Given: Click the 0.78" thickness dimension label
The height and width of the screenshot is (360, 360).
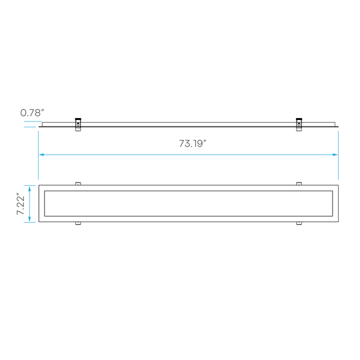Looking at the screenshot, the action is (x=32, y=113).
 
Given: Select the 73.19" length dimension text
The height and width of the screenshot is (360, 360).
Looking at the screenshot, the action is (x=193, y=143).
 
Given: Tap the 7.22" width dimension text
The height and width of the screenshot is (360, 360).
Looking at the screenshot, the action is (x=21, y=205).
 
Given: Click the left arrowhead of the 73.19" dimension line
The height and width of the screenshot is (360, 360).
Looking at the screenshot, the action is (x=41, y=155).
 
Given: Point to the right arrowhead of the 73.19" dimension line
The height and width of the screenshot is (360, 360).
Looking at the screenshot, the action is (x=335, y=155).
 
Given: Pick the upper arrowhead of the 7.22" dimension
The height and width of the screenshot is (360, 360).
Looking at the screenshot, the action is (x=29, y=189).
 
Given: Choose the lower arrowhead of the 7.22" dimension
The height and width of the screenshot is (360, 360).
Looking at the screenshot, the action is (x=29, y=219).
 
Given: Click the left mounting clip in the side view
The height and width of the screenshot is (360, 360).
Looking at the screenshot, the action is (x=78, y=125).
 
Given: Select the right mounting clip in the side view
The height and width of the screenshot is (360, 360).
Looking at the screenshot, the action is (x=299, y=125).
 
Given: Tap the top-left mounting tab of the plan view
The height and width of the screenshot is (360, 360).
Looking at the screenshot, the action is (x=78, y=183).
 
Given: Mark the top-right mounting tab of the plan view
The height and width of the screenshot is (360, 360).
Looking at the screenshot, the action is (x=299, y=183).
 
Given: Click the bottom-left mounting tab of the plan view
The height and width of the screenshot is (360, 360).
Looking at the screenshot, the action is (x=78, y=223).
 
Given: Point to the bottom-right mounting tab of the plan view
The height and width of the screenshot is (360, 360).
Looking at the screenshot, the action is (x=299, y=223).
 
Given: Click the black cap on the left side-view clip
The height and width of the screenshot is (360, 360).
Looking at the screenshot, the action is (x=78, y=119).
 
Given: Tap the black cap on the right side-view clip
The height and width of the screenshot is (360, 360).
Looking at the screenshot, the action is (x=299, y=119).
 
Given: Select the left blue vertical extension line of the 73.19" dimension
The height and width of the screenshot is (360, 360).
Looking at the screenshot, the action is (x=39, y=155).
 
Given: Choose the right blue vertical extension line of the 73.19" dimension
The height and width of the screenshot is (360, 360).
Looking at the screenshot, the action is (x=338, y=155).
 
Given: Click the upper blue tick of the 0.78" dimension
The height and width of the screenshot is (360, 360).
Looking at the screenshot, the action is (x=33, y=121).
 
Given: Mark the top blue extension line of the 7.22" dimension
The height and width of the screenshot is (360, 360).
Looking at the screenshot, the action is (x=30, y=185).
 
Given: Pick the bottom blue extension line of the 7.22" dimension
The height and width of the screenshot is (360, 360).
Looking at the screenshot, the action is (x=30, y=222).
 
